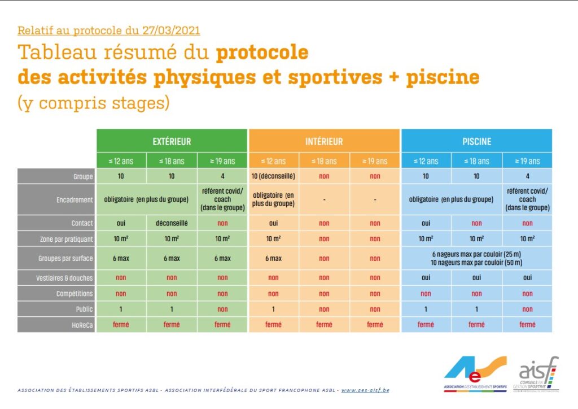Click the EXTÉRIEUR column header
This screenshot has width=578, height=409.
pos(172,141)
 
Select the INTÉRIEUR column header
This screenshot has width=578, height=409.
pos(324,141)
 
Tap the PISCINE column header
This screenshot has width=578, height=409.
pos(476,141)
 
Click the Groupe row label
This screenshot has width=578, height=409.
pos(56,176)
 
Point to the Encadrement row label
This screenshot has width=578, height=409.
pos(56,199)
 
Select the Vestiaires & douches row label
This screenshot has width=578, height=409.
pos(56,278)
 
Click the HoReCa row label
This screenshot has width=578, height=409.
pos(56,325)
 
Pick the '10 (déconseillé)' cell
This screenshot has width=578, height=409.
pos(273,176)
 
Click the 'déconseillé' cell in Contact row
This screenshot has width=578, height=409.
pos(172,223)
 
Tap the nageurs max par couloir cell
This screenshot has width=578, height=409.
pos(476,258)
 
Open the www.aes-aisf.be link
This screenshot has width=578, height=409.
pos(365,390)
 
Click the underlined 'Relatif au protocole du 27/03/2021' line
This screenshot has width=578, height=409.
pos(109,30)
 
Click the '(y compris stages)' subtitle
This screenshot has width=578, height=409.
pos(94,103)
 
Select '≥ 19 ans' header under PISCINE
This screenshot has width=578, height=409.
pos(527,161)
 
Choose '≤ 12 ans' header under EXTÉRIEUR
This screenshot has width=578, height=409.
pos(121,161)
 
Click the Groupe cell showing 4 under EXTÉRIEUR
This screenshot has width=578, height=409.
pos(222,176)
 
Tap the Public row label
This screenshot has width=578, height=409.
pos(56,310)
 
